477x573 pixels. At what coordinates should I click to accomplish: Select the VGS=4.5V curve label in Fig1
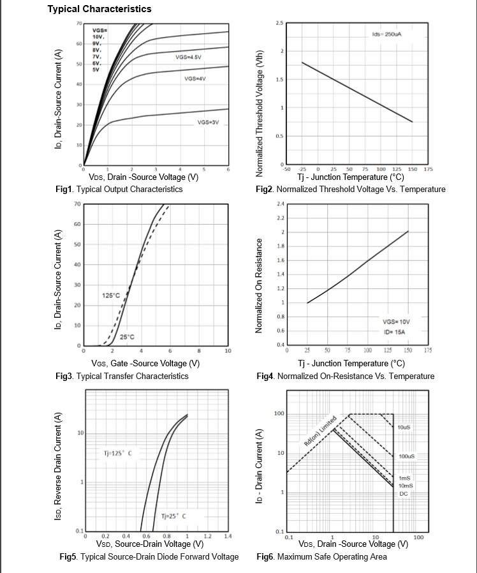tap(189, 57)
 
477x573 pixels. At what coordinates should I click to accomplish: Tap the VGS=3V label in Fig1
tap(208, 121)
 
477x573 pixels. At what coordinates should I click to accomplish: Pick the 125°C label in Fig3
tap(110, 295)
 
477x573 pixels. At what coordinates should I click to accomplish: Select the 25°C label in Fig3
tap(128, 337)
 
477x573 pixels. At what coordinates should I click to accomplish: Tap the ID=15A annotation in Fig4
tap(394, 332)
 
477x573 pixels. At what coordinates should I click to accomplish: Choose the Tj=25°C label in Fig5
tap(173, 516)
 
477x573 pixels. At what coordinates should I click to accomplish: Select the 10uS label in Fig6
tap(404, 426)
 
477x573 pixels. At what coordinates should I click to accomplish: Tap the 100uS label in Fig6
tap(406, 457)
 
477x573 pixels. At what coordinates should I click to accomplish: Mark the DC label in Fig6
tap(404, 493)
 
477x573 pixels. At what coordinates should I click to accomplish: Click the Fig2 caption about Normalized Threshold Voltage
tap(350, 190)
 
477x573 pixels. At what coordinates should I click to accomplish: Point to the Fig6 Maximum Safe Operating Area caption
tap(321, 557)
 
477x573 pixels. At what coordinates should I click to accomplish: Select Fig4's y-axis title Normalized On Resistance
tap(260, 285)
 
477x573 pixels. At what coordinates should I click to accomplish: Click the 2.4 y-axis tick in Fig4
tap(281, 204)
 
